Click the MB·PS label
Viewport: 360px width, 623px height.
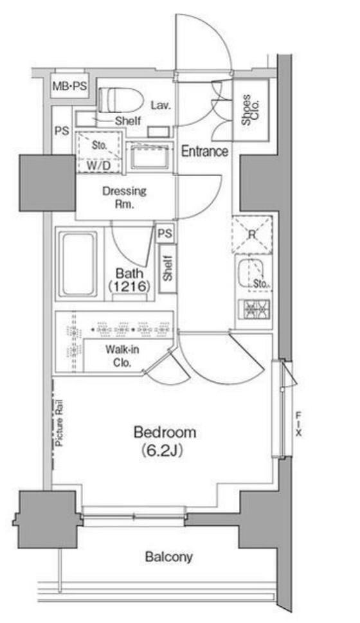pyautogui.click(x=70, y=86)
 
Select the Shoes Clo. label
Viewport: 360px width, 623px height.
pyautogui.click(x=251, y=110)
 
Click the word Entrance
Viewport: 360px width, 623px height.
pyautogui.click(x=204, y=151)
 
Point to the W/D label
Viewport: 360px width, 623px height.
pyautogui.click(x=98, y=165)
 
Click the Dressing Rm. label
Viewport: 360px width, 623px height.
pyautogui.click(x=124, y=197)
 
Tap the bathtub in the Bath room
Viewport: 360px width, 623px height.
pyautogui.click(x=78, y=264)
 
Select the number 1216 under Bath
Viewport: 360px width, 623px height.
pyautogui.click(x=129, y=286)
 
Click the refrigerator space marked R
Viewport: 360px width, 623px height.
pyautogui.click(x=251, y=235)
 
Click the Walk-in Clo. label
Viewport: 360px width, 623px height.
pyautogui.click(x=122, y=356)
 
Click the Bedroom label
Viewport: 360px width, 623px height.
pyautogui.click(x=165, y=432)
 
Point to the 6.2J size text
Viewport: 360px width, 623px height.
pyautogui.click(x=162, y=451)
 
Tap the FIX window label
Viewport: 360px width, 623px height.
pyautogui.click(x=298, y=424)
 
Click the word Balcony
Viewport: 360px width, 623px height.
pyautogui.click(x=169, y=557)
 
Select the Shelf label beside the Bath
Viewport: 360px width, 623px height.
pyautogui.click(x=168, y=269)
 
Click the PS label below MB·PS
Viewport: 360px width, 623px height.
pyautogui.click(x=62, y=131)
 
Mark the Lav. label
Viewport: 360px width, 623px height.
pyautogui.click(x=161, y=105)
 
